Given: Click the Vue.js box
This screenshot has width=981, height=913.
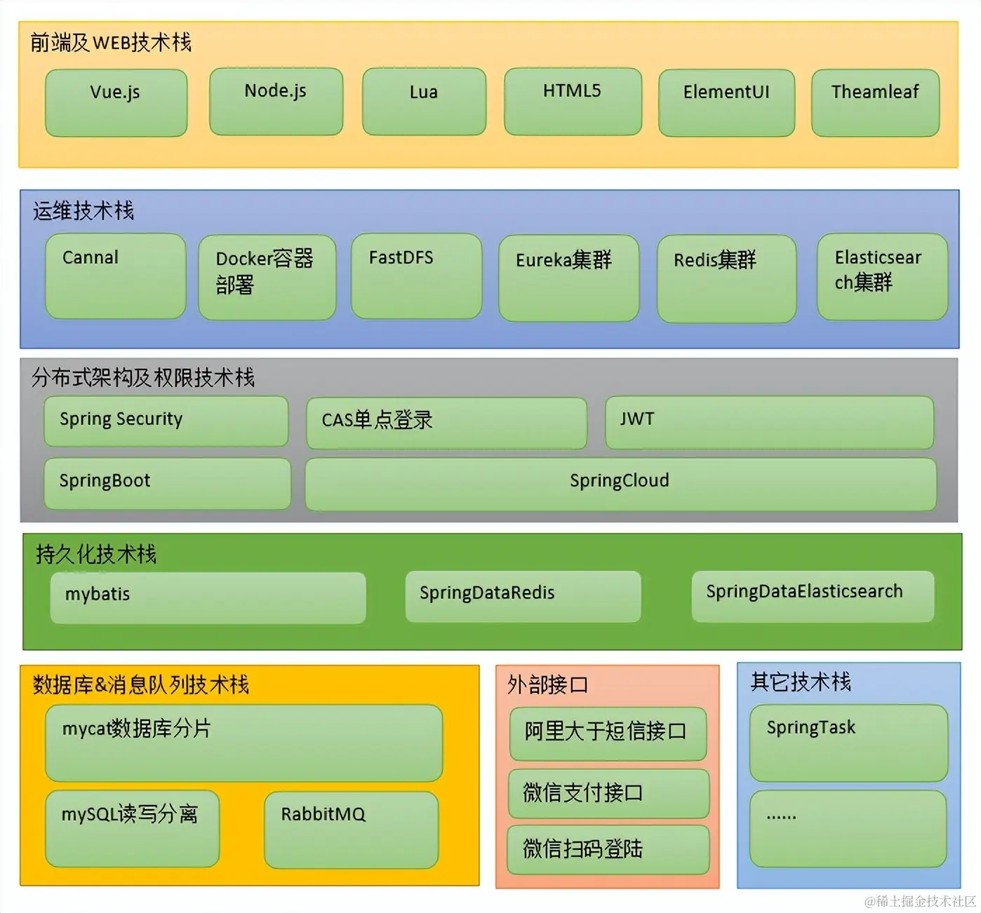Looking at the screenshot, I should click(116, 102).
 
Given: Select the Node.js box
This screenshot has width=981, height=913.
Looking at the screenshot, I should click(276, 101).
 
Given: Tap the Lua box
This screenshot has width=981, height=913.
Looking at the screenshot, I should click(424, 102).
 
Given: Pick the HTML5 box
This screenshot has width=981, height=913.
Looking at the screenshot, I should click(573, 101).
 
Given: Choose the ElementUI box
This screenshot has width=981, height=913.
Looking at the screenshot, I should click(726, 102).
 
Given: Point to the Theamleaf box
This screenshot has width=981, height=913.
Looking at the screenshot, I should click(875, 102).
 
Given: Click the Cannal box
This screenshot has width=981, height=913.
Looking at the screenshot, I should click(115, 276).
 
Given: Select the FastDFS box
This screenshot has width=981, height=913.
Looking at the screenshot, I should click(416, 276).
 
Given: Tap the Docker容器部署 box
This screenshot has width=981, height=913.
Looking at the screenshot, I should click(267, 278).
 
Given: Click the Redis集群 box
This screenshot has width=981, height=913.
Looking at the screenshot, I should click(726, 278).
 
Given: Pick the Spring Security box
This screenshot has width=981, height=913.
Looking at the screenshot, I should click(166, 421).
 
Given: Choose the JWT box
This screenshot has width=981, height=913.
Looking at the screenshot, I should click(769, 422).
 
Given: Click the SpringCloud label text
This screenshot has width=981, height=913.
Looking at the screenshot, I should click(619, 480).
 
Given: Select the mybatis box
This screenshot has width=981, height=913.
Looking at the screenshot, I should click(208, 597).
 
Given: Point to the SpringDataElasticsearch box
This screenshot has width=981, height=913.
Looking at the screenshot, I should click(813, 596).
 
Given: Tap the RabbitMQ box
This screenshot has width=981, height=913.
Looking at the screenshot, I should click(351, 830).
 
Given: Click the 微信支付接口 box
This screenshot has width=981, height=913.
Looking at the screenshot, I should click(608, 793).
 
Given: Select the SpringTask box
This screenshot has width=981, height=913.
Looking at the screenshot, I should click(848, 743).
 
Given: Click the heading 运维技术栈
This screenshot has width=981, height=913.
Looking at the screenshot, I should click(84, 210).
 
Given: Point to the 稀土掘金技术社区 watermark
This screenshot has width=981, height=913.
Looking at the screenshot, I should click(920, 901).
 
